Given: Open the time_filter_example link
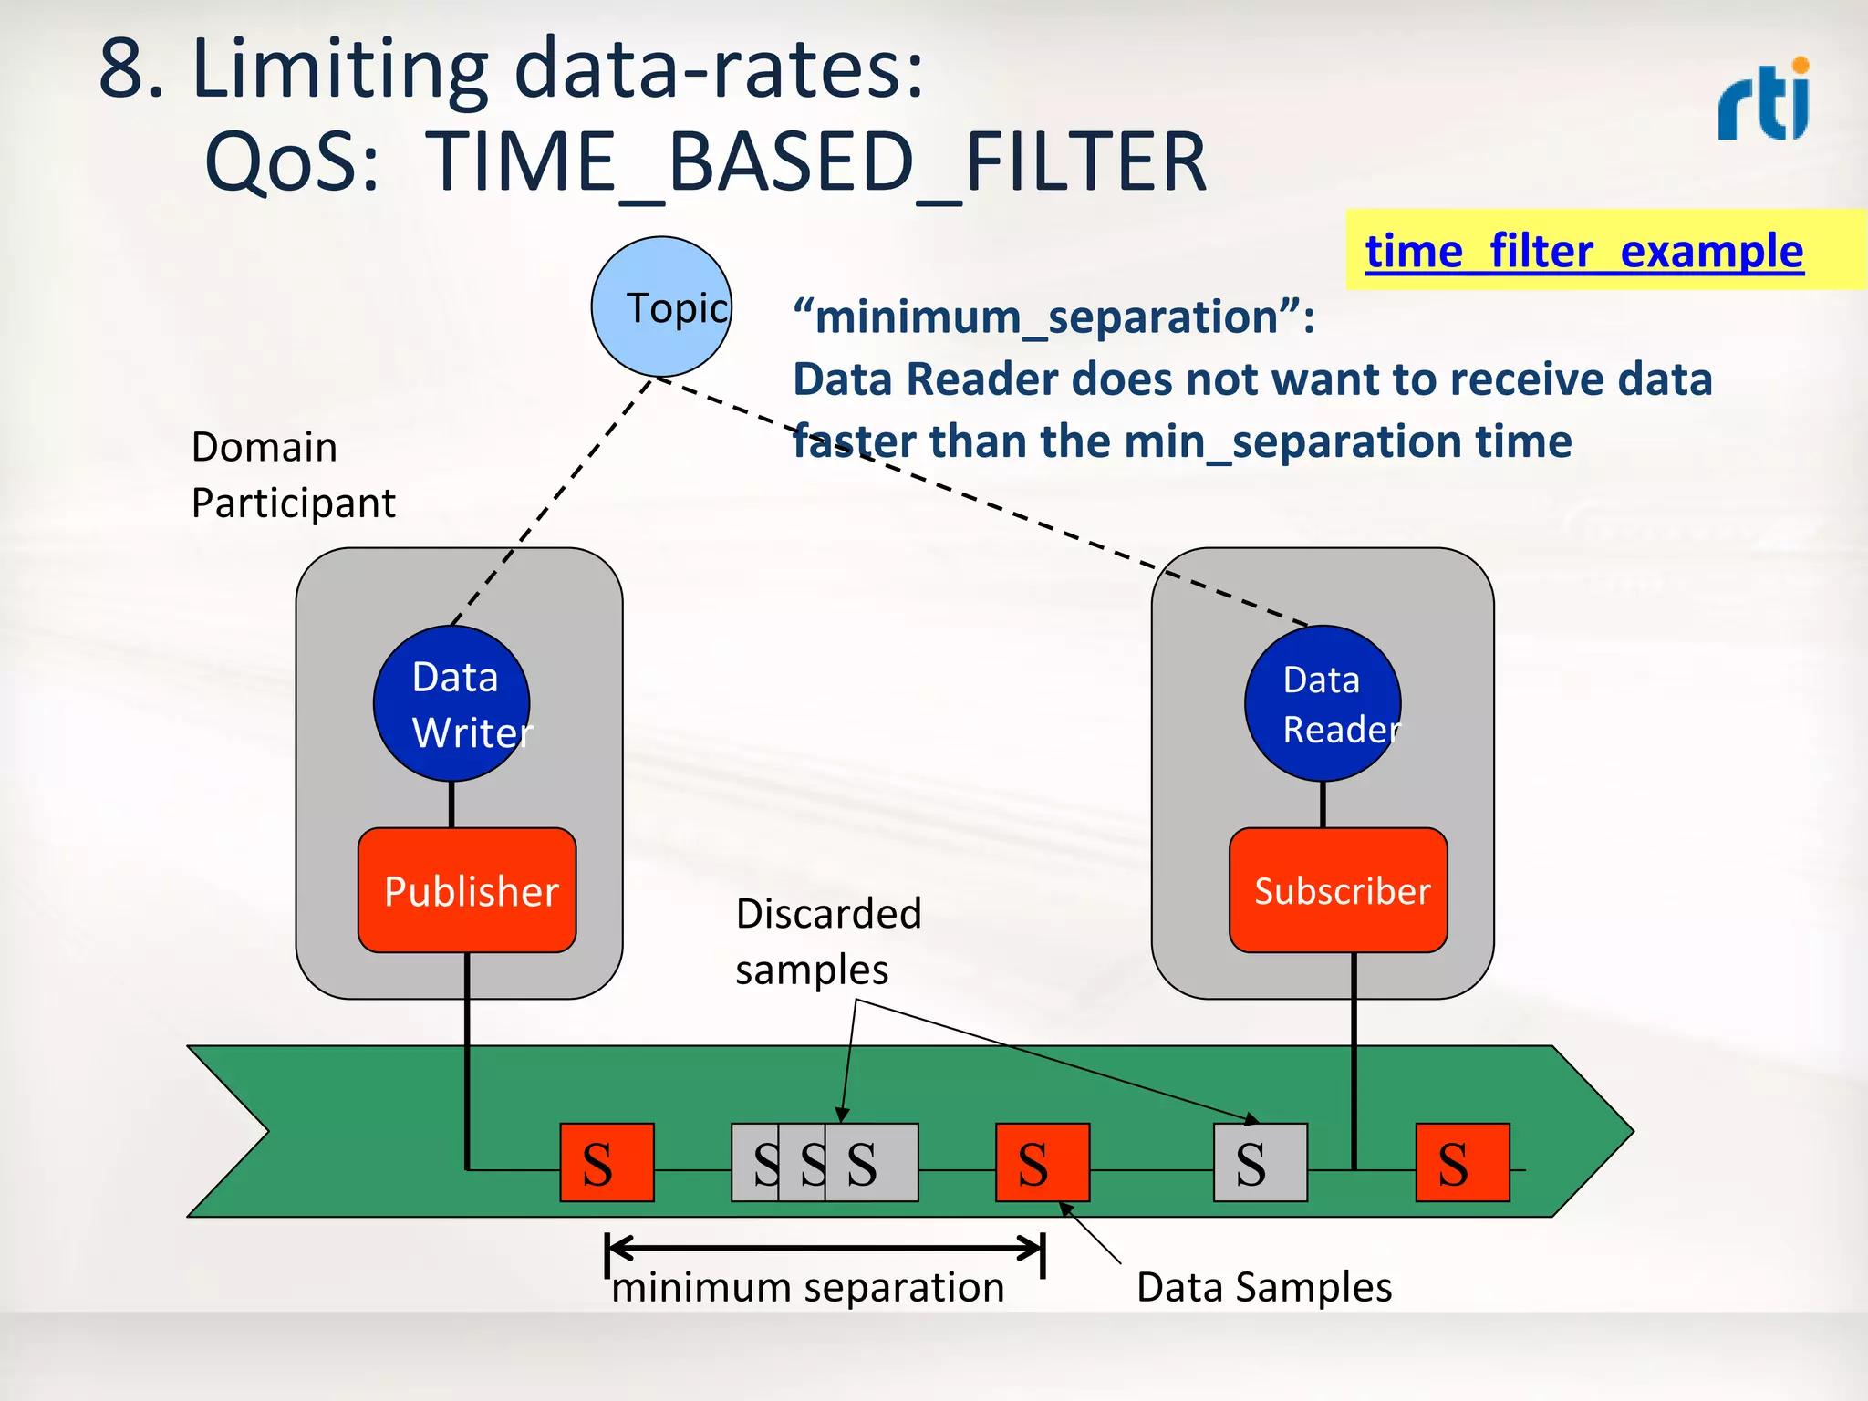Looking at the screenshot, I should pos(1583,251).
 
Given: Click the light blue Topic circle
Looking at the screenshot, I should pos(661,306).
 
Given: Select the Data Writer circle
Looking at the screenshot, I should pos(451,703).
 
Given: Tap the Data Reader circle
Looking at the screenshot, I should pos(1323,703).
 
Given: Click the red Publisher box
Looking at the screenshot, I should pos(467,890).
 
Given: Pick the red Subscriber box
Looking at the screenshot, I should pos(1338,890).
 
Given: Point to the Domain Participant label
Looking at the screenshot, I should pos(293,474).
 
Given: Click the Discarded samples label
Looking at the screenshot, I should pos(828,941).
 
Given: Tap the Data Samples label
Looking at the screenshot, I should pos(1263,1287).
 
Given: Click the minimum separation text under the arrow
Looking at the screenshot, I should pos(808,1288).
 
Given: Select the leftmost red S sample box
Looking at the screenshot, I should pos(607,1162).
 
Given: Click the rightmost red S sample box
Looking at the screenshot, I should pos(1462,1162).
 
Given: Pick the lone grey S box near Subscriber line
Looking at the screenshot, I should pos(1260,1162).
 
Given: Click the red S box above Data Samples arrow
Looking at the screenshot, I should pos(1042,1162).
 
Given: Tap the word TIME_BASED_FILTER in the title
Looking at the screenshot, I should pos(816,162).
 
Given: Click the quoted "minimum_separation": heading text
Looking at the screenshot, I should pos(1053,317).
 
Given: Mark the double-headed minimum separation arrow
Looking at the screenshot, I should pos(825,1247).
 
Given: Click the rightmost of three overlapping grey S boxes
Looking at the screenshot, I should pos(872,1162).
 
